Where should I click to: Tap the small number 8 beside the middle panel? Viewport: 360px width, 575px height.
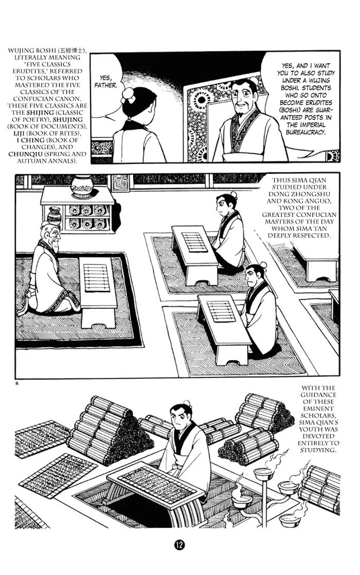click(x=17, y=384)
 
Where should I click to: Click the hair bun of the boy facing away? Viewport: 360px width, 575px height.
click(x=129, y=95)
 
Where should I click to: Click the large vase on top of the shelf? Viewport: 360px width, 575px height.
click(x=81, y=187)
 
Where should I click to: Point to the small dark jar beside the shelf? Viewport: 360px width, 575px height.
click(x=55, y=217)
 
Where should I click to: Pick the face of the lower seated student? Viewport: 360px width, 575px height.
click(x=254, y=275)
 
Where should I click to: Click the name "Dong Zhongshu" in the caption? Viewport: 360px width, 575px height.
click(x=298, y=194)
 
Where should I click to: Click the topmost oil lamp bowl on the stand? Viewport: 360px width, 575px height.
click(x=264, y=473)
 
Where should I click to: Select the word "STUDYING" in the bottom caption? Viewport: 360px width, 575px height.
click(x=318, y=450)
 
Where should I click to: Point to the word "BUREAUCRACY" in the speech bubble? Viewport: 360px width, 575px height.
click(x=306, y=132)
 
